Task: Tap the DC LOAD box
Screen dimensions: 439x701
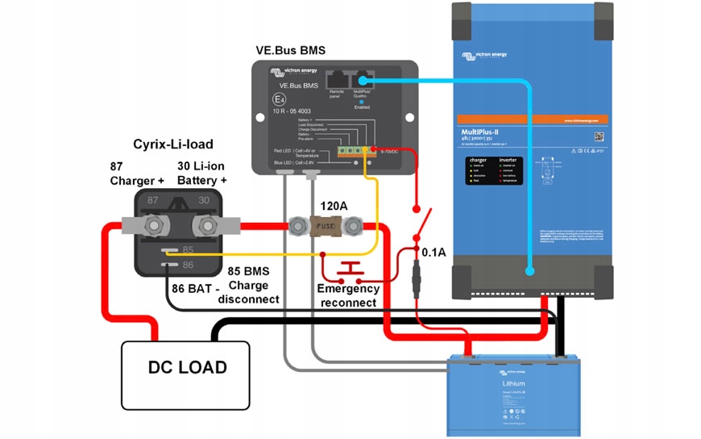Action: [x=187, y=368]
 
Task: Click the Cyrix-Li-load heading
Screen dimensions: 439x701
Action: [x=172, y=144]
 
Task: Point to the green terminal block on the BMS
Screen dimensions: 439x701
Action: [x=349, y=150]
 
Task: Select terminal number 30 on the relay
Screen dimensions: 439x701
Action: [x=204, y=200]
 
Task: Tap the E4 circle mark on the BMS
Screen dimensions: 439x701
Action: [x=279, y=99]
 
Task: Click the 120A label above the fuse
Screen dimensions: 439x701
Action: [x=334, y=207]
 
